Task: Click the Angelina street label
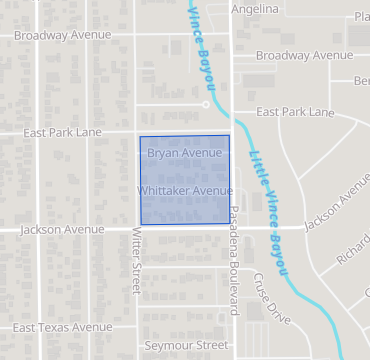coord(254,9)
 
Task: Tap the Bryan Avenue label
coord(184,153)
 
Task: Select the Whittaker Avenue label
coord(185,190)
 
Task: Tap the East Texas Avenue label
coord(62,327)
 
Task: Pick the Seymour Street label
coord(180,345)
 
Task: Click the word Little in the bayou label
coord(257,166)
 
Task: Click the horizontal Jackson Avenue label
coord(61,229)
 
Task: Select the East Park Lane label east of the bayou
coord(295,113)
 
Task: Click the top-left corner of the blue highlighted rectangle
coord(139,137)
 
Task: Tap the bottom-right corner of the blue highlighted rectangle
coord(230,223)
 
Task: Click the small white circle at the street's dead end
coord(206,103)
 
